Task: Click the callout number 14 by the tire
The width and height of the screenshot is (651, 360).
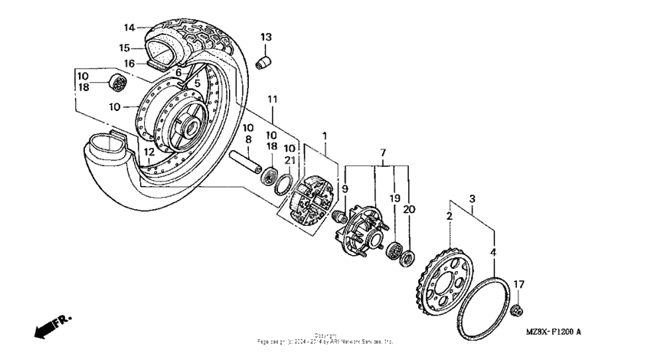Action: click(x=129, y=28)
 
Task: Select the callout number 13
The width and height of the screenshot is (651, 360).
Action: click(x=266, y=37)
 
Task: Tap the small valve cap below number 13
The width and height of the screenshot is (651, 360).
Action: click(x=264, y=61)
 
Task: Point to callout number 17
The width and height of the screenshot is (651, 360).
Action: click(x=519, y=284)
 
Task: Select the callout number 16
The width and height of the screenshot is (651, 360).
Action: click(x=129, y=63)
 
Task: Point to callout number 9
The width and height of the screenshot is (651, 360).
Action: click(x=345, y=188)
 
